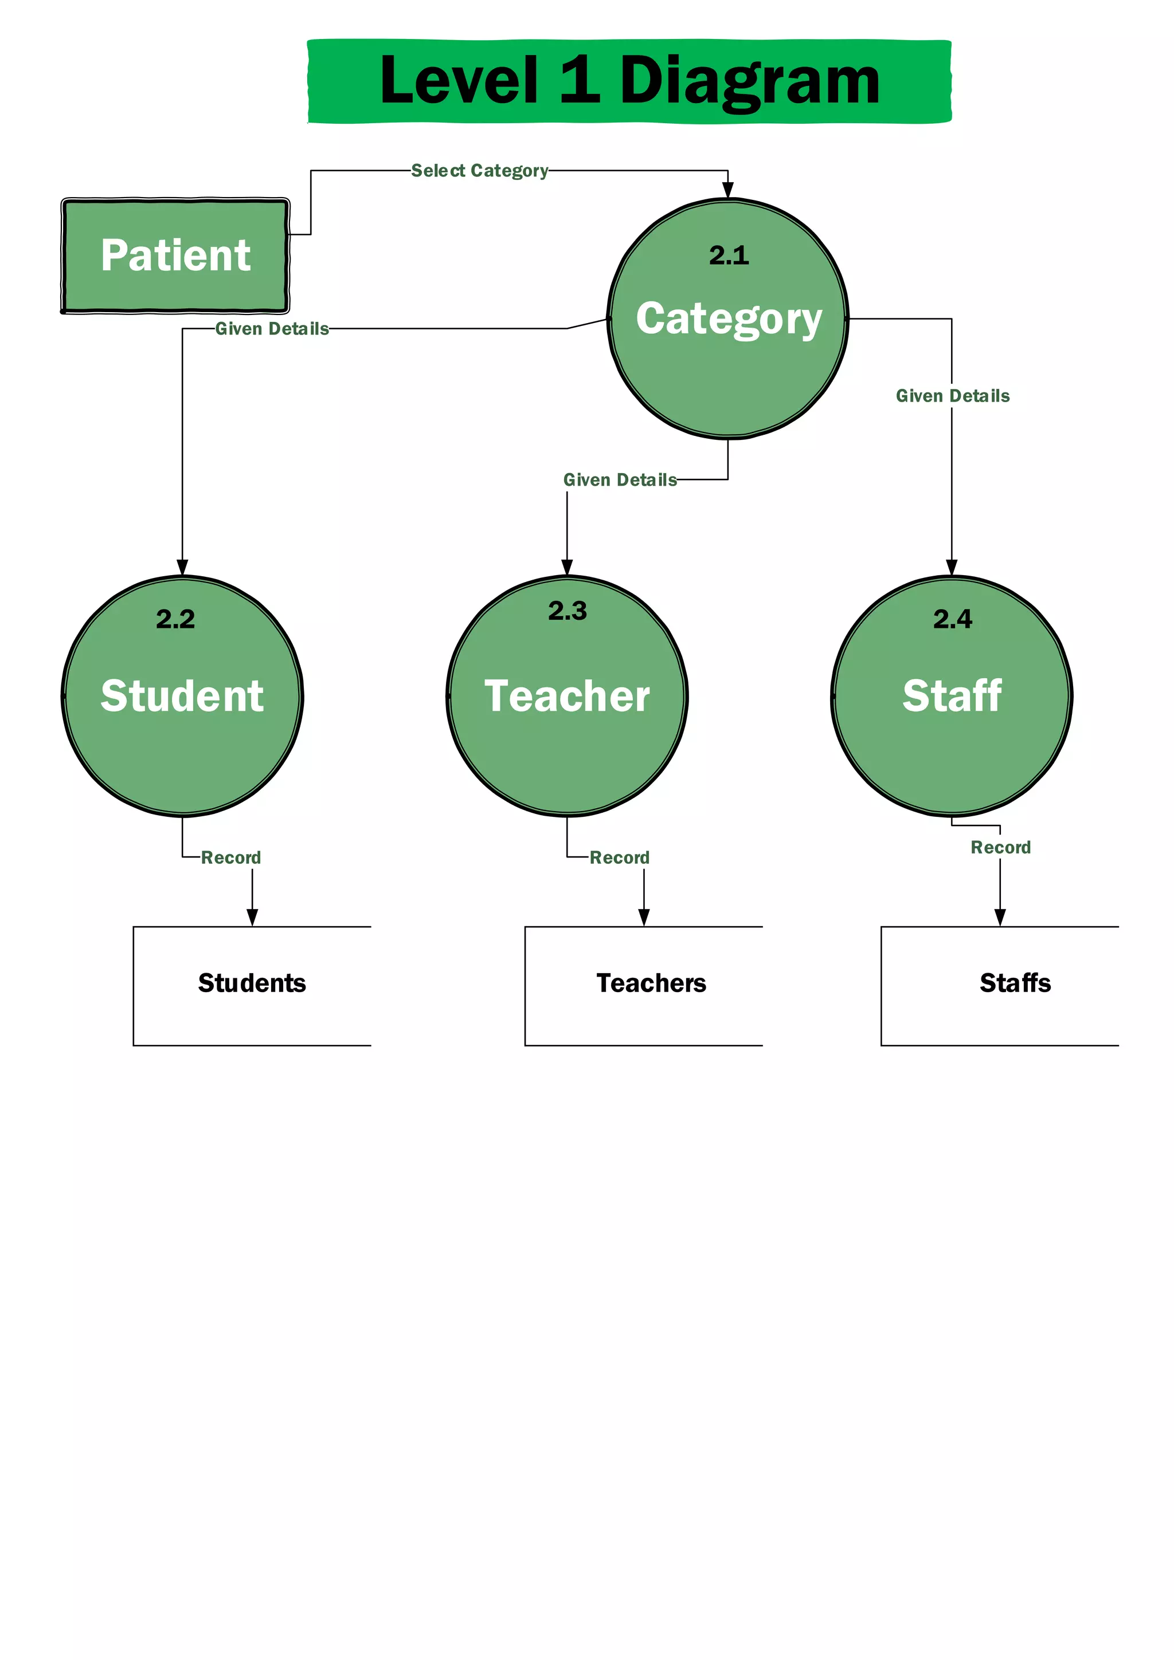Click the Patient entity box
(175, 255)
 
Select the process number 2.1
(729, 255)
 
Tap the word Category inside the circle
(729, 319)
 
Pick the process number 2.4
(952, 619)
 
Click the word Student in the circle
(182, 695)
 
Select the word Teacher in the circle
(567, 695)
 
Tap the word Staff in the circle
(952, 695)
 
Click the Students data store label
(252, 984)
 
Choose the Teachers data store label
(651, 984)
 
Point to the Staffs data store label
(1015, 984)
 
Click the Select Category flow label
(480, 171)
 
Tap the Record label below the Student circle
(231, 857)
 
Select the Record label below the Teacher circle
(619, 857)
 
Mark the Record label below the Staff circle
(1000, 847)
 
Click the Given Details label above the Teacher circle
(620, 480)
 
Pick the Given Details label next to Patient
(272, 329)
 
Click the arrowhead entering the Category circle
(727, 190)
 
